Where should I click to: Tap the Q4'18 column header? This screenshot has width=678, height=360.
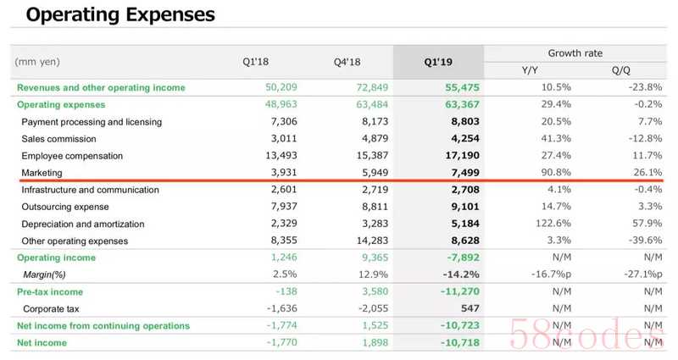(348, 62)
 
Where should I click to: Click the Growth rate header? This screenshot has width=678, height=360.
(575, 53)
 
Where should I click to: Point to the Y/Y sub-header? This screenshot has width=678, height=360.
(531, 70)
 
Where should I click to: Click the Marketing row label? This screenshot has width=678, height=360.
(42, 173)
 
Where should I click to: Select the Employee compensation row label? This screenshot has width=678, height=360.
(72, 156)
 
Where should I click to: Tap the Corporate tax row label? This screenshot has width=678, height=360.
(56, 308)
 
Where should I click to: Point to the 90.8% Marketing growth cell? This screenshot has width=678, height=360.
(554, 173)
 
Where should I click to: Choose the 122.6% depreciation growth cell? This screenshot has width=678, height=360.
(552, 224)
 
